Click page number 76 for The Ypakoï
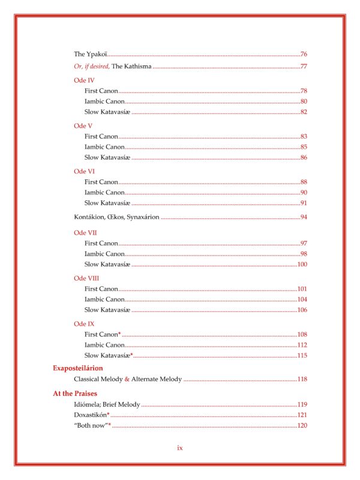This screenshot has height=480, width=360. tap(304, 55)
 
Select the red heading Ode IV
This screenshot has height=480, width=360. tap(83, 80)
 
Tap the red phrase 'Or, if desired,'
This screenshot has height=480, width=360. tap(92, 66)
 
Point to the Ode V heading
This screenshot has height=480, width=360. tap(83, 126)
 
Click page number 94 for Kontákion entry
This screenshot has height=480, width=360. tap(304, 217)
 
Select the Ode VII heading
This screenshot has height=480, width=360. tap(85, 232)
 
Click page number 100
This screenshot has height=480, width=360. tap(302, 264)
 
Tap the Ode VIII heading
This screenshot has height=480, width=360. tap(86, 278)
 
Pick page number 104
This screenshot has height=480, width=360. tap(302, 299)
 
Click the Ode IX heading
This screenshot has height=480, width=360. tap(84, 324)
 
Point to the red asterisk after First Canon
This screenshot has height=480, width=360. tap(120, 333)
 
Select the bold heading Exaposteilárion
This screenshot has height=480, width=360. tap(78, 368)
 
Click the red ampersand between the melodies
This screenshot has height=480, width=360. tap(127, 380)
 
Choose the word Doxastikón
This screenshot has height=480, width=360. tap(90, 415)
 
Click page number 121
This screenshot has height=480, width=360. tap(302, 415)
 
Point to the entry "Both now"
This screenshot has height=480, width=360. tap(90, 425)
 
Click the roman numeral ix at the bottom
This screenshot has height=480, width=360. tap(179, 448)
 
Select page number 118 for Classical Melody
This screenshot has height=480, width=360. tap(302, 380)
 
